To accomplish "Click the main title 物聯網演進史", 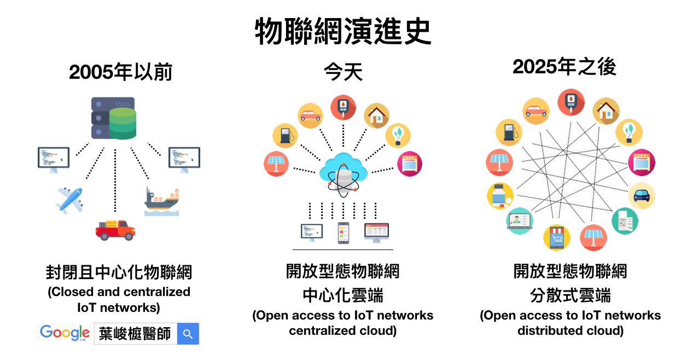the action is coord(343,31).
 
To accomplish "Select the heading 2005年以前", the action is coord(121,72).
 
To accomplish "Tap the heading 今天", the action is coord(344,72).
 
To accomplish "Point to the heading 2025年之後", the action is coord(564,67).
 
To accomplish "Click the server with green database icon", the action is coord(114,118).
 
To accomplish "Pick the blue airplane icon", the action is coord(69,201).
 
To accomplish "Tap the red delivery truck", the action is coord(115,230).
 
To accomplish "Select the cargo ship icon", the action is coord(162,201).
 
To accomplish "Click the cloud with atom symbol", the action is coord(343,175).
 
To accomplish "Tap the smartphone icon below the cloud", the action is coord(344,233).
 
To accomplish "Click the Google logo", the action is coord(65,333).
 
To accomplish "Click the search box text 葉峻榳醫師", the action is coord(135,334).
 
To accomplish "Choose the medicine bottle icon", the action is coord(500,196).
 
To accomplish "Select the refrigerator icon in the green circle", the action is coord(625,221).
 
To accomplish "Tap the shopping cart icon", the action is coord(557,237).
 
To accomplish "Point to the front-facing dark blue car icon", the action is coord(642,196).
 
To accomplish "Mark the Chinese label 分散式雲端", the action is coord(570,295).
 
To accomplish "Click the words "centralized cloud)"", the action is coord(342,331).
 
